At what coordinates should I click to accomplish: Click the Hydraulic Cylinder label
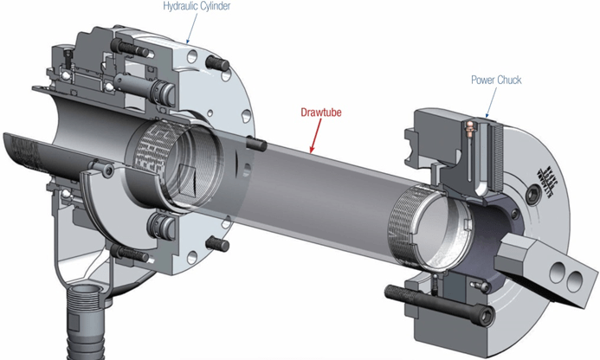(x=197, y=7)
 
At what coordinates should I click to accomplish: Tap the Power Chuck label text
(x=496, y=80)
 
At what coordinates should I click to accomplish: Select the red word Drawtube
(x=321, y=112)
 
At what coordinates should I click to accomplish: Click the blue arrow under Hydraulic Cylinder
(x=191, y=27)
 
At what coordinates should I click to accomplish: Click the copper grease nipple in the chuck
(x=469, y=129)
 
